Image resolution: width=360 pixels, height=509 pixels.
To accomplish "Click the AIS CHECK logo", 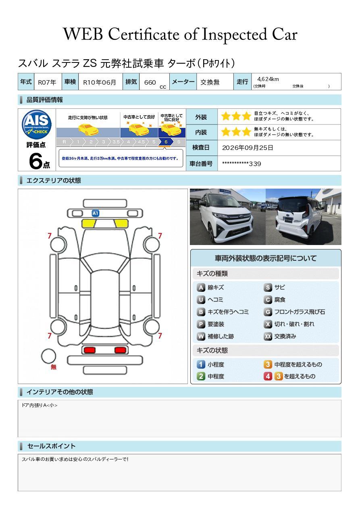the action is pyautogui.click(x=37, y=124).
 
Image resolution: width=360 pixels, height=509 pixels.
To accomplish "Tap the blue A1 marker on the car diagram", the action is pyautogui.click(x=95, y=213).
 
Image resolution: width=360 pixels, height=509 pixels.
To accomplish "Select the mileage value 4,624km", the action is pyautogui.click(x=268, y=79).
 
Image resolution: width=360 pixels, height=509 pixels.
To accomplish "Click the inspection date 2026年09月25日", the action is pyautogui.click(x=248, y=148).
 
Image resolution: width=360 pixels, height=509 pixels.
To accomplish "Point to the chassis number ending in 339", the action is pyautogui.click(x=241, y=164).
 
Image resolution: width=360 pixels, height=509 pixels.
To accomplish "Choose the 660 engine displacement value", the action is pyautogui.click(x=150, y=82).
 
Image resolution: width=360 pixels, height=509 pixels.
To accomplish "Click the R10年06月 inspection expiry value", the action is pyautogui.click(x=100, y=82).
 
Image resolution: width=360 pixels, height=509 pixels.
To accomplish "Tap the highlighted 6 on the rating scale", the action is pyautogui.click(x=166, y=142).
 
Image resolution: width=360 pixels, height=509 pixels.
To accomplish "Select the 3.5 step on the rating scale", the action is pyautogui.click(x=116, y=142).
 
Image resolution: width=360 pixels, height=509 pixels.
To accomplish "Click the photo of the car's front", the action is pyautogui.click(x=228, y=216).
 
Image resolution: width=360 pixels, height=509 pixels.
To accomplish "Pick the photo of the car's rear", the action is pyautogui.click(x=304, y=216).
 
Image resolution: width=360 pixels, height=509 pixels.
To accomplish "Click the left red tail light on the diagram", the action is pyautogui.click(x=89, y=350).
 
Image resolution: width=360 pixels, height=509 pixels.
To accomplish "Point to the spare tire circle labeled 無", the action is pyautogui.click(x=48, y=356).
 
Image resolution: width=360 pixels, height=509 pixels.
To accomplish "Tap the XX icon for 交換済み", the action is pyautogui.click(x=268, y=336).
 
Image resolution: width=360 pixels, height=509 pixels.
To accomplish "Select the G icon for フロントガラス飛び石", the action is pyautogui.click(x=268, y=312).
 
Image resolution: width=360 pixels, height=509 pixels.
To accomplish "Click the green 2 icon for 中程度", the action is pyautogui.click(x=201, y=376).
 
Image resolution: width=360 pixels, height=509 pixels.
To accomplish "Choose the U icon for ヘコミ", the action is pyautogui.click(x=201, y=300).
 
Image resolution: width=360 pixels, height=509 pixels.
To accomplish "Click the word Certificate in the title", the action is pyautogui.click(x=144, y=34).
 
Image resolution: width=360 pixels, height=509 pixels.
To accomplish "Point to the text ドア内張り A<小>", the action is pyautogui.click(x=40, y=405).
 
